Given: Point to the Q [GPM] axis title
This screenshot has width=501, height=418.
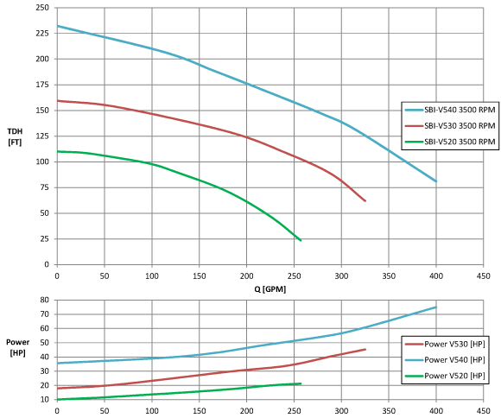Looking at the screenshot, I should click(x=267, y=288).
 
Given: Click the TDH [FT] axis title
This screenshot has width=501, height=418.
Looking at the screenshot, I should click(x=15, y=136).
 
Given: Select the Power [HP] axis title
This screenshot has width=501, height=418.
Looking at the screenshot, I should click(x=17, y=347).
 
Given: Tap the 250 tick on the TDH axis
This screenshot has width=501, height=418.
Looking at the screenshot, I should click(x=41, y=8).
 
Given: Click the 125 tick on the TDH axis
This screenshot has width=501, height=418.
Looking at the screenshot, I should click(x=41, y=111).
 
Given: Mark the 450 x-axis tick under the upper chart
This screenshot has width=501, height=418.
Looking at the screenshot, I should click(x=483, y=275).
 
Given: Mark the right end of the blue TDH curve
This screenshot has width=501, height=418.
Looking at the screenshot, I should click(x=436, y=181).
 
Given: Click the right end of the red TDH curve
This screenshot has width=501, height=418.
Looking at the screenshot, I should click(x=365, y=201).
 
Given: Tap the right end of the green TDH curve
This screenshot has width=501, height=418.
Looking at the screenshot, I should click(x=301, y=240).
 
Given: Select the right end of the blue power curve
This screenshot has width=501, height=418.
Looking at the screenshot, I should click(x=436, y=307).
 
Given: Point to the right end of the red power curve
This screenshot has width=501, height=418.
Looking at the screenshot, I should click(x=365, y=349).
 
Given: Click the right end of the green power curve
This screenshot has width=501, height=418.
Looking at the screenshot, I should click(x=301, y=383).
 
